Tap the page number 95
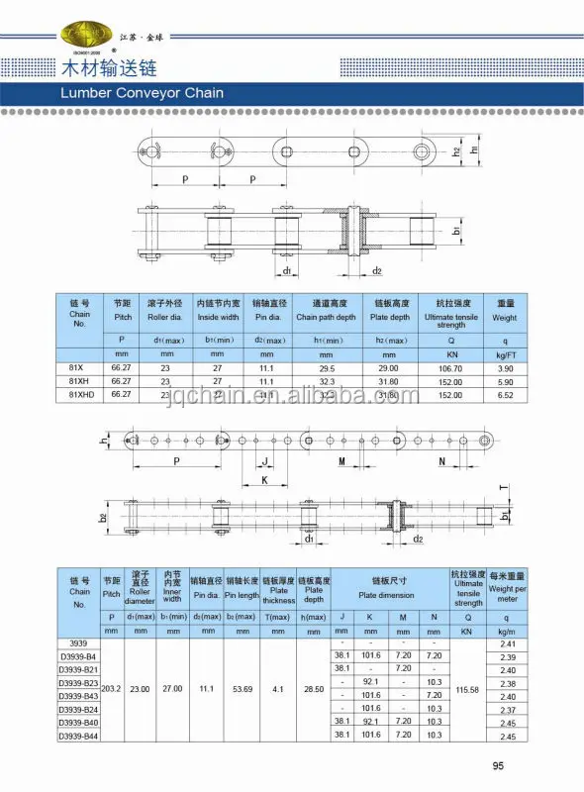(x=498, y=765)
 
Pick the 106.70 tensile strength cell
(x=450, y=367)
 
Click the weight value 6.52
(x=505, y=394)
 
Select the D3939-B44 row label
(x=79, y=737)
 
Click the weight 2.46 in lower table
(x=508, y=724)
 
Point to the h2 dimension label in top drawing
(x=456, y=152)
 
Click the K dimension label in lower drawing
(x=264, y=480)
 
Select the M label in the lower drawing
(x=340, y=461)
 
